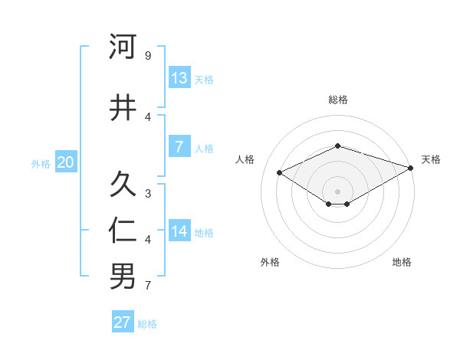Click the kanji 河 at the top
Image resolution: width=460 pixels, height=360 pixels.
click(123, 47)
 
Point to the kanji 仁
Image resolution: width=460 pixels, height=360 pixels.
click(123, 231)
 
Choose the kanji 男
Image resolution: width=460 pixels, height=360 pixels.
click(123, 277)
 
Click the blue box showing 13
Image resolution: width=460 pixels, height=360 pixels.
click(179, 78)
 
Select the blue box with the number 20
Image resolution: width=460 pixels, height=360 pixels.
click(65, 162)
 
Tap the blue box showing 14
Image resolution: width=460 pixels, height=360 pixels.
click(179, 231)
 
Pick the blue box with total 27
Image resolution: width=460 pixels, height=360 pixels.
click(123, 322)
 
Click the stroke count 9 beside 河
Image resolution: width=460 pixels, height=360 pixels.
click(148, 56)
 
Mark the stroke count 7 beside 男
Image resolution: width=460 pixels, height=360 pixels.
click(148, 286)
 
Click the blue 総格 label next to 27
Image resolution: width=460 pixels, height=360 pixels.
click(147, 324)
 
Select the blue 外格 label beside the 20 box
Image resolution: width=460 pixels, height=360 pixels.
click(41, 164)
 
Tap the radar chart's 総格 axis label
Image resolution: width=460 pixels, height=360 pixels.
click(337, 100)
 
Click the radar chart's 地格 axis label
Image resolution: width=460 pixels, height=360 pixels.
click(402, 262)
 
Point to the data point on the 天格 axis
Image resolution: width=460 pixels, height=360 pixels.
click(412, 168)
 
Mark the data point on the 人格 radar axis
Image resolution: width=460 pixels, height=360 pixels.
click(280, 172)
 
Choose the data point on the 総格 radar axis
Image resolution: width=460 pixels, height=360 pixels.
click(337, 146)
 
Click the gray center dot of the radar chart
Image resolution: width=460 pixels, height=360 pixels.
click(337, 191)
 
